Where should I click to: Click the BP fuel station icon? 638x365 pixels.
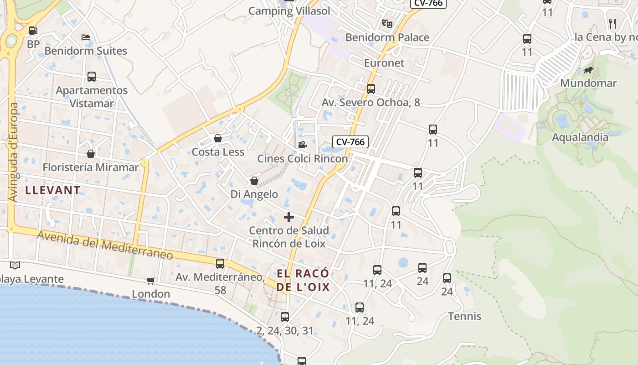(33, 31)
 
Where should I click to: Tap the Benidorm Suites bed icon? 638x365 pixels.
(85, 37)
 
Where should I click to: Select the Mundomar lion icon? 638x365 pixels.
(588, 70)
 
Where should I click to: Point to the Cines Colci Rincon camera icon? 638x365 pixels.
(302, 145)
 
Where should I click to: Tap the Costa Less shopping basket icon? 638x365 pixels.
(218, 138)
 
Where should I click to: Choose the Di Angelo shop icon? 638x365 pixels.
(254, 181)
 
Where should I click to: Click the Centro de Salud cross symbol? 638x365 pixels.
(289, 217)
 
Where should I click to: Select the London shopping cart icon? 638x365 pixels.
(150, 281)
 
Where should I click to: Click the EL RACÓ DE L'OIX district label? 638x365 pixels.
(303, 280)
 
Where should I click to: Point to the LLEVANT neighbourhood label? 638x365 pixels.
(53, 190)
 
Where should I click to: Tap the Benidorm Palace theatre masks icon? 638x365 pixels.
(387, 23)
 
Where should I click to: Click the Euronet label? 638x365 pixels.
(384, 63)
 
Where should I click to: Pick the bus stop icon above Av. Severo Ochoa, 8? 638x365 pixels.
(371, 89)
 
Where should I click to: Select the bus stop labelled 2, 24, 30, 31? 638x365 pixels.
(285, 317)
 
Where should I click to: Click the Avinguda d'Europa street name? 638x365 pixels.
(14, 152)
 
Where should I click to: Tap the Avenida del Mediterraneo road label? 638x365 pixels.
(105, 245)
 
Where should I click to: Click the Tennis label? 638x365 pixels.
(464, 316)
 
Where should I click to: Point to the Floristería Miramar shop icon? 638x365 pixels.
(91, 154)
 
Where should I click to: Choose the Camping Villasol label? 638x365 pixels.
(289, 11)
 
